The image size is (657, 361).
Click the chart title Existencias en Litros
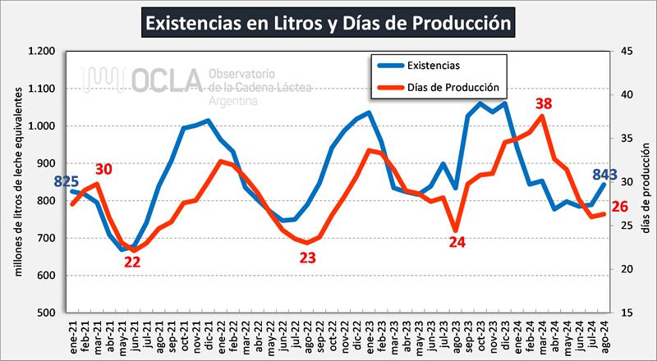coord(328,22)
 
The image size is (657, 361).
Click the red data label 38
coord(543,103)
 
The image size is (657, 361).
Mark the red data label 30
coord(103,169)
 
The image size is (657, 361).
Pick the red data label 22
coord(132,263)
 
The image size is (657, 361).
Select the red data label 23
coord(307,258)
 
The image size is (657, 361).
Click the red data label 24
coord(457,242)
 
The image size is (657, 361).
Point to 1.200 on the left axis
coord(40,52)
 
